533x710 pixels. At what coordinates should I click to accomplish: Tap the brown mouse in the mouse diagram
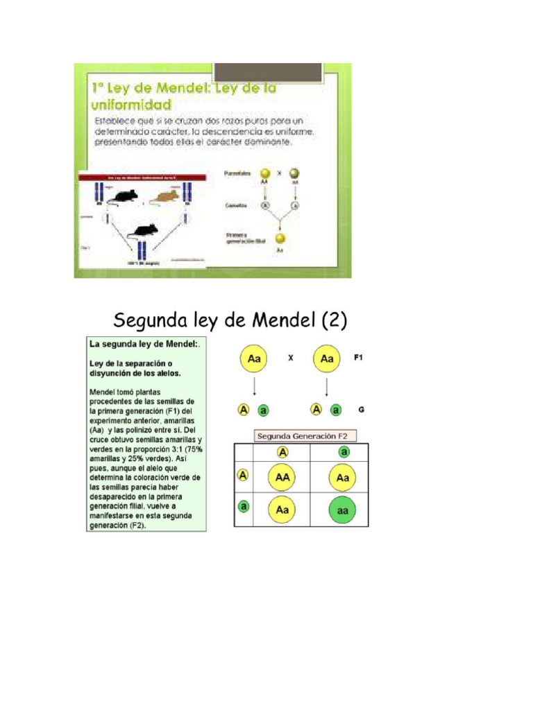point(164,198)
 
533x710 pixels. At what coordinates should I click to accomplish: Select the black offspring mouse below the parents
point(145,230)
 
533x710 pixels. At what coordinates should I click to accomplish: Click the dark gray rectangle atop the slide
point(268,72)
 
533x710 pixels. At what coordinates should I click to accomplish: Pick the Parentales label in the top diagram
point(237,173)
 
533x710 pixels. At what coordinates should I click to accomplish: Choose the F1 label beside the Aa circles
point(359,358)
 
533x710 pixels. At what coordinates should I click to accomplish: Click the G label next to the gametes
point(361,410)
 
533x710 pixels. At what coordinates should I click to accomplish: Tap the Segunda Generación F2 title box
point(305,436)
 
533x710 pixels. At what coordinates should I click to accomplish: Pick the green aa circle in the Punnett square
point(344,509)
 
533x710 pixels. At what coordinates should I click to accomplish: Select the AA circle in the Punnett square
point(282,478)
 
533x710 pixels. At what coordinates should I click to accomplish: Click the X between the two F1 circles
point(291,358)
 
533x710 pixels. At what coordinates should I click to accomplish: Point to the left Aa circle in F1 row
point(254,359)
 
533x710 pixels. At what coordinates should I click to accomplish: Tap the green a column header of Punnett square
point(344,452)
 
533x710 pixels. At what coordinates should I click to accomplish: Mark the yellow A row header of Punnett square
point(243,476)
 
